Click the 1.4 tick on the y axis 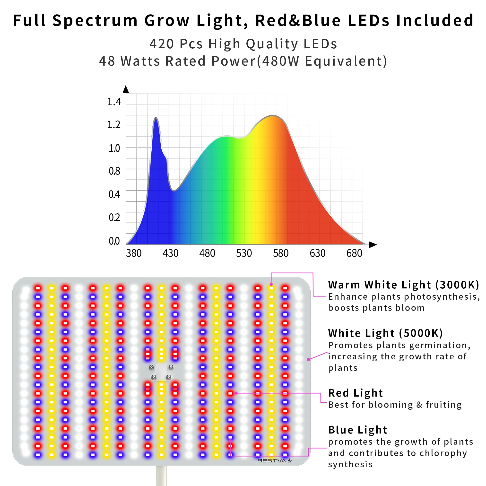click(114, 102)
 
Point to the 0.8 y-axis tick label click(114, 171)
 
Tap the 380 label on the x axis click(134, 253)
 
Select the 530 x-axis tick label click(244, 253)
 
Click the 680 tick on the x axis click(354, 253)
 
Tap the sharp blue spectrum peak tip click(156, 118)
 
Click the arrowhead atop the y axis click(126, 89)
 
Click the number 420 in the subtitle click(162, 44)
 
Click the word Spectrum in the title click(95, 20)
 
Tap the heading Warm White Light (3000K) click(403, 285)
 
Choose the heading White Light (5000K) click(385, 333)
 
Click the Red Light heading click(356, 393)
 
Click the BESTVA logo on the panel click(274, 461)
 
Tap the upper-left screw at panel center click(151, 367)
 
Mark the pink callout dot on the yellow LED click(271, 284)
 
